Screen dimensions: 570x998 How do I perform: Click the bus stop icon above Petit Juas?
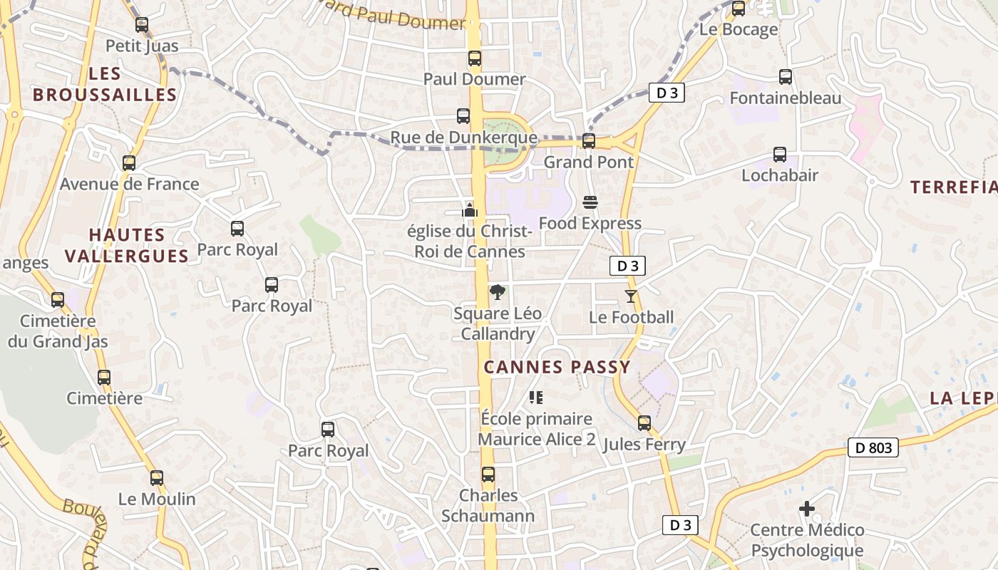pos(142,25)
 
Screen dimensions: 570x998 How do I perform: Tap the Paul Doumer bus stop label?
pos(474,79)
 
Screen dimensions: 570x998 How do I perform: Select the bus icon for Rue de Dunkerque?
pos(463,116)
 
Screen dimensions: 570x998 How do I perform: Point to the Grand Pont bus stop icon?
pos(589,141)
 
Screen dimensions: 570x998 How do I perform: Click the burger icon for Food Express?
pos(590,202)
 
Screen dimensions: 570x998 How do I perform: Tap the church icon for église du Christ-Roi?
pos(469,209)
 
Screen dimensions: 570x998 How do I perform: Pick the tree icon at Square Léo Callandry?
pos(497,291)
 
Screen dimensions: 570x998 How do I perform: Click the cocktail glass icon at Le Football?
pos(631,296)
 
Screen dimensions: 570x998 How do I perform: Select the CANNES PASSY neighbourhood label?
pos(557,368)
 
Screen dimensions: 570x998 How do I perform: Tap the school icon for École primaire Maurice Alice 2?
pos(536,398)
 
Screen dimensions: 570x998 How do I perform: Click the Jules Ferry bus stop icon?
pos(644,423)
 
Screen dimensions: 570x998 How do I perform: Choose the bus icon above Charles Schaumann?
pos(488,475)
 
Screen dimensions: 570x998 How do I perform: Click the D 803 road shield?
pos(873,448)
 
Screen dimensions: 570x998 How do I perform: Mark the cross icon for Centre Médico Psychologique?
pos(807,509)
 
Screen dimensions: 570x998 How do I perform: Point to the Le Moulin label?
pos(157,499)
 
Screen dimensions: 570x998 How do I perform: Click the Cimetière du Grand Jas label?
pos(58,331)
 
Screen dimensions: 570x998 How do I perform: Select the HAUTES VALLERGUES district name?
pos(128,245)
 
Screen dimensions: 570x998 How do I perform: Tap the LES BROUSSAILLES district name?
pos(105,84)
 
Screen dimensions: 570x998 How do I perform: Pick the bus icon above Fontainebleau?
pos(786,77)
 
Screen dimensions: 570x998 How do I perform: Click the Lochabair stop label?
pos(780,175)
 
